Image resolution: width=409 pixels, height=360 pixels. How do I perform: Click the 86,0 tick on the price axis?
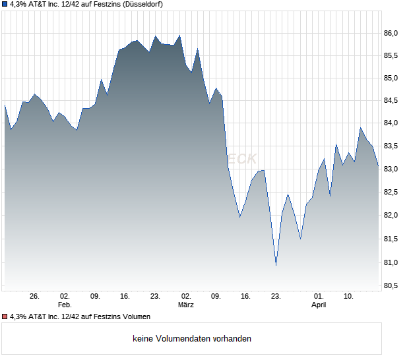pyautogui.click(x=393, y=33)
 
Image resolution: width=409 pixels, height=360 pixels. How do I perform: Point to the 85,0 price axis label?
pyautogui.click(x=393, y=78)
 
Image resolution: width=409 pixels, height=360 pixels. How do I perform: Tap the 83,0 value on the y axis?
pyautogui.click(x=393, y=169)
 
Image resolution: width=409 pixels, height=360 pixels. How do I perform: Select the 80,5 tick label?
pyautogui.click(x=393, y=285)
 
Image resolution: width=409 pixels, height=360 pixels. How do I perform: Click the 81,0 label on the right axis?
pyautogui.click(x=393, y=262)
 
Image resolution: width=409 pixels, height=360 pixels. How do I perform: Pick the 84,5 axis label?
pyautogui.click(x=393, y=101)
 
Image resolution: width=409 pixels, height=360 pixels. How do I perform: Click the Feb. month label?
pyautogui.click(x=64, y=305)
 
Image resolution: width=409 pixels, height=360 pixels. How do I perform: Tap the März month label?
pyautogui.click(x=186, y=305)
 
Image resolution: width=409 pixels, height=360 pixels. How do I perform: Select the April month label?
pyautogui.click(x=319, y=305)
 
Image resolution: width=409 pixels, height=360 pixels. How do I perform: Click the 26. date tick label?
pyautogui.click(x=35, y=296)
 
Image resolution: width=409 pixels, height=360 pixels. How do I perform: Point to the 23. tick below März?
pyautogui.click(x=276, y=296)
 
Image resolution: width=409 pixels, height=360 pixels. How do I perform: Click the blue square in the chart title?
pyautogui.click(x=5, y=4)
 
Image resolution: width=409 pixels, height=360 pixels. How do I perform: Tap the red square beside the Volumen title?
pyautogui.click(x=5, y=316)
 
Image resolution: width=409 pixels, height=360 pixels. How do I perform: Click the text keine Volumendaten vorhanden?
pyautogui.click(x=192, y=339)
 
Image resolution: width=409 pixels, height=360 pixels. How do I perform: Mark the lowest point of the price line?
pyautogui.click(x=276, y=266)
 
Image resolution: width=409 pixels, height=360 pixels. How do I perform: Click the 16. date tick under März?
pyautogui.click(x=246, y=296)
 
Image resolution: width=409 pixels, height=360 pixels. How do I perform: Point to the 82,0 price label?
pyautogui.click(x=393, y=216)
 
